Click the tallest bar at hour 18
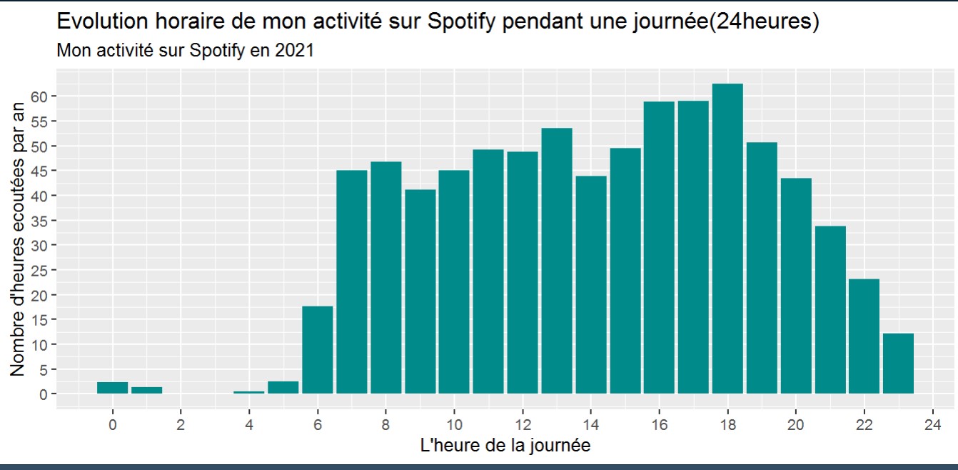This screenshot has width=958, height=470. pyautogui.click(x=727, y=239)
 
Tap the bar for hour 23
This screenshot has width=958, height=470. pyautogui.click(x=898, y=364)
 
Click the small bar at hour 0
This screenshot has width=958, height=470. pyautogui.click(x=113, y=388)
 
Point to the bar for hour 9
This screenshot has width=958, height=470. pyautogui.click(x=420, y=291)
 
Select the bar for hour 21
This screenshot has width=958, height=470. pyautogui.click(x=830, y=310)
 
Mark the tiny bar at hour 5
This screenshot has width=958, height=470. pyautogui.click(x=283, y=388)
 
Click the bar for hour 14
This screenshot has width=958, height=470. pyautogui.click(x=591, y=285)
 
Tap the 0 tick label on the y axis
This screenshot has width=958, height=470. pyautogui.click(x=43, y=394)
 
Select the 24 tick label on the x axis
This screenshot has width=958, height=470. pyautogui.click(x=932, y=423)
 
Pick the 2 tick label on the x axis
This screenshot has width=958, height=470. pyautogui.click(x=181, y=423)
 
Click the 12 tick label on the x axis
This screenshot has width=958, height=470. pyautogui.click(x=523, y=423)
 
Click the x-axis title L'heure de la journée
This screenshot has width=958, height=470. pyautogui.click(x=505, y=446)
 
